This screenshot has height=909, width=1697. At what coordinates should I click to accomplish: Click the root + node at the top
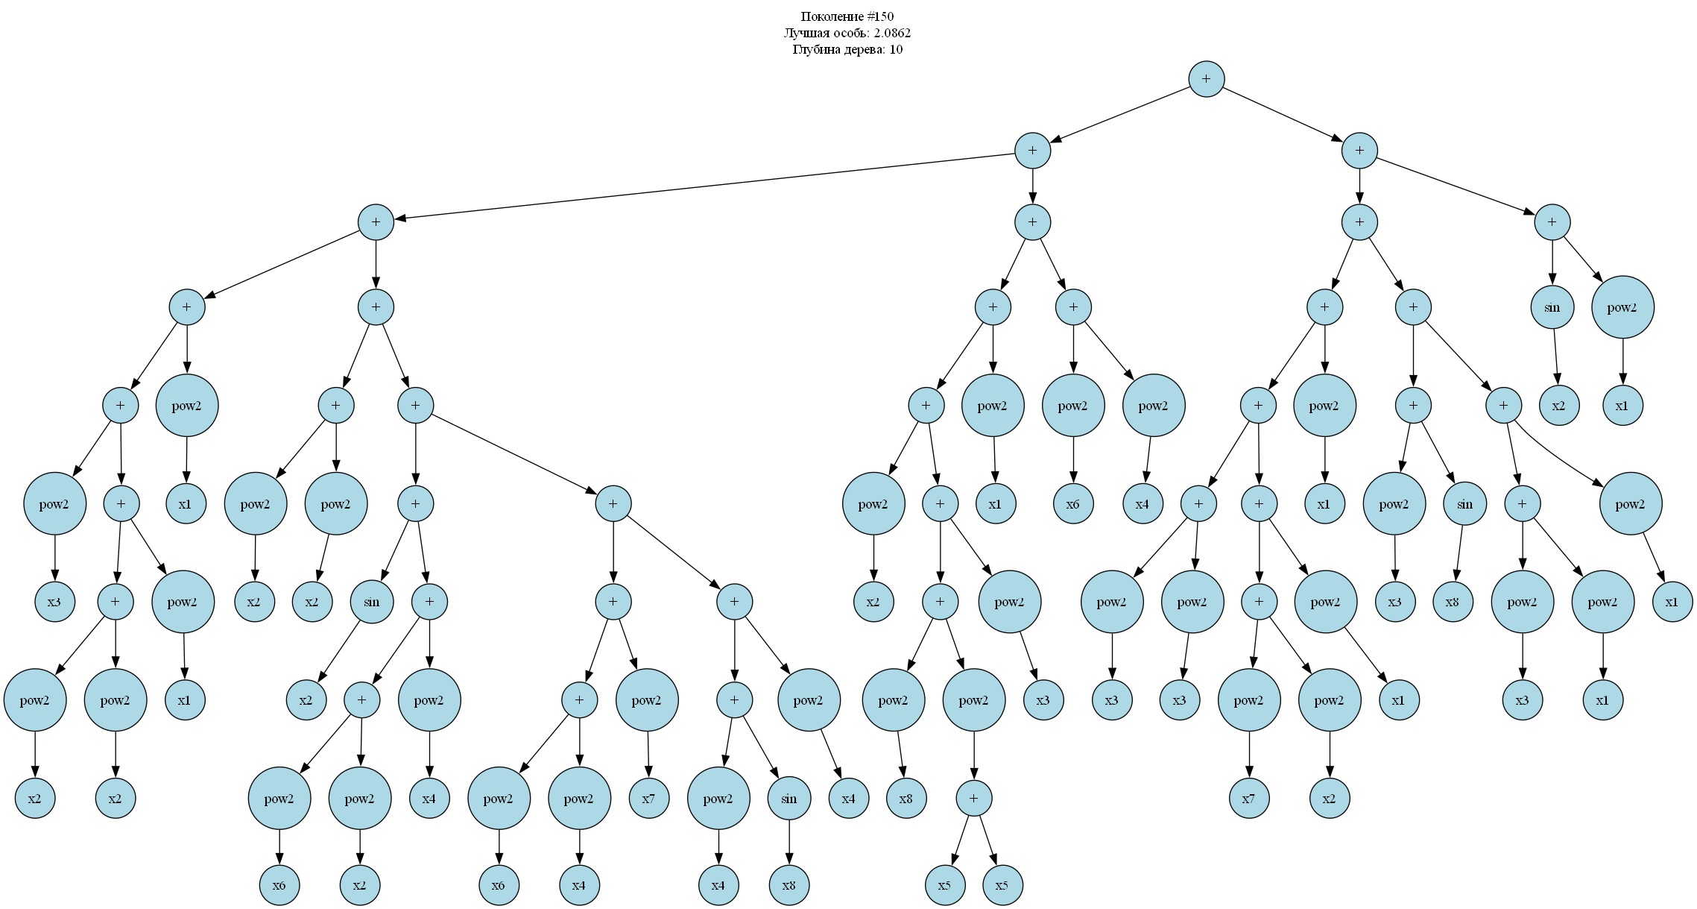point(1206,79)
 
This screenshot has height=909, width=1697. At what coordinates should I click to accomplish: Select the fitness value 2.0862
point(892,33)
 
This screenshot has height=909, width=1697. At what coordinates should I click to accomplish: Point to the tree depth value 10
point(896,50)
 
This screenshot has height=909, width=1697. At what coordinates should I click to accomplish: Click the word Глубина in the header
point(815,50)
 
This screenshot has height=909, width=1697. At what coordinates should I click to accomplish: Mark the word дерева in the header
point(865,50)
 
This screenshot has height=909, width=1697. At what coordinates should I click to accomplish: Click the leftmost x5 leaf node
point(945,885)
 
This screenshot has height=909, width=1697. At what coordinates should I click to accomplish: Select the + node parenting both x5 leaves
point(974,799)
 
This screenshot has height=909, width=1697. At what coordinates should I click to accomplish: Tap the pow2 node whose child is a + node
point(974,700)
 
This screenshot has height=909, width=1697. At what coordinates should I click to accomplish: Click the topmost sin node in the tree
point(1552,307)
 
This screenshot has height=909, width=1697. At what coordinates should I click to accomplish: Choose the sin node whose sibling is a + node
point(371,602)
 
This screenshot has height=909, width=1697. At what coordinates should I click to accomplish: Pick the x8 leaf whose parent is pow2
point(906,799)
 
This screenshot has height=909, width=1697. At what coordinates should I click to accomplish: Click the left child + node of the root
point(1032,151)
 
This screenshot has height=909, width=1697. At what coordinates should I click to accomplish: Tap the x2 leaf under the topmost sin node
point(1559,406)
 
